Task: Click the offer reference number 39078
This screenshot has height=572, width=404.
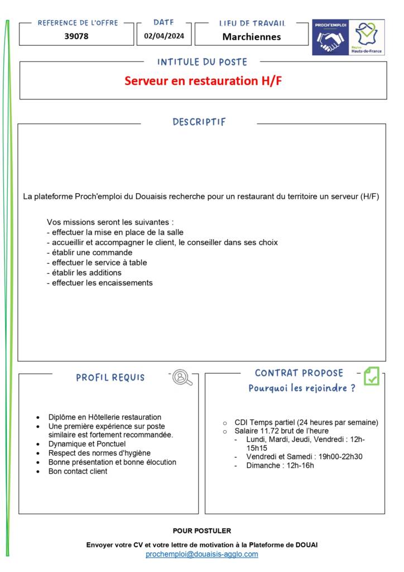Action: (x=76, y=36)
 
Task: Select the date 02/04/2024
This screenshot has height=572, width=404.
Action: (x=163, y=36)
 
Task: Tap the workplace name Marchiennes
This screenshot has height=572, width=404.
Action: (x=252, y=37)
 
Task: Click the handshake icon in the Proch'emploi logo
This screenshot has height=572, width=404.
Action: (x=330, y=41)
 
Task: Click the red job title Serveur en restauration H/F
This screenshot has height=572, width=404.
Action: (x=203, y=80)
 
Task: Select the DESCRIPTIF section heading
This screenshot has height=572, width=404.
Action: (x=199, y=122)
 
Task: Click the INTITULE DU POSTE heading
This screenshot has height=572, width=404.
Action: (x=202, y=62)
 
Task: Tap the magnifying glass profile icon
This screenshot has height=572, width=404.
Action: (x=182, y=378)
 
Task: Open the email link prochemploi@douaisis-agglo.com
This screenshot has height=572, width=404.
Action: (x=202, y=554)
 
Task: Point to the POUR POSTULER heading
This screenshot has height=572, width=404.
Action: (x=202, y=531)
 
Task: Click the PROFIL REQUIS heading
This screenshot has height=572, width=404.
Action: (x=110, y=378)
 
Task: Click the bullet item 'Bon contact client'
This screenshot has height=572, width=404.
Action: (x=78, y=471)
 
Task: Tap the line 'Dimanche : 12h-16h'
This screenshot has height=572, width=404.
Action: (x=280, y=465)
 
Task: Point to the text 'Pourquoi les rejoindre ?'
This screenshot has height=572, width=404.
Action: (x=302, y=388)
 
